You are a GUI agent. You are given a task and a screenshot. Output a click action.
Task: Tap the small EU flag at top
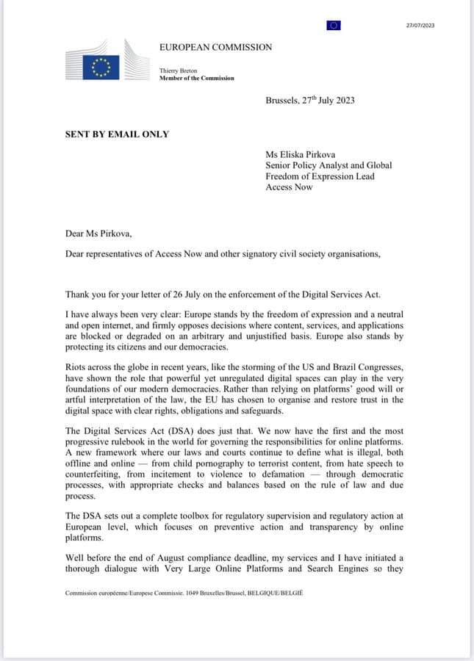334,26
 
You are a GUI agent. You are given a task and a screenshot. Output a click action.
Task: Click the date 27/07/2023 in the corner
420,25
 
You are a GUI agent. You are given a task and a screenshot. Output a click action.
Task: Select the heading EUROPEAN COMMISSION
215,47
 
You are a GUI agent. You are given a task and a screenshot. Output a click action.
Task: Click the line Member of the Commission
197,78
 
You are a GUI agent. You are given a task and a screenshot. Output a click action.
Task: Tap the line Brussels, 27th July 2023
309,100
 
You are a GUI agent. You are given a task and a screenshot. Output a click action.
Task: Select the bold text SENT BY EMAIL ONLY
117,134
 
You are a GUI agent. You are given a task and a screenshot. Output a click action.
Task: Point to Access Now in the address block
289,187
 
